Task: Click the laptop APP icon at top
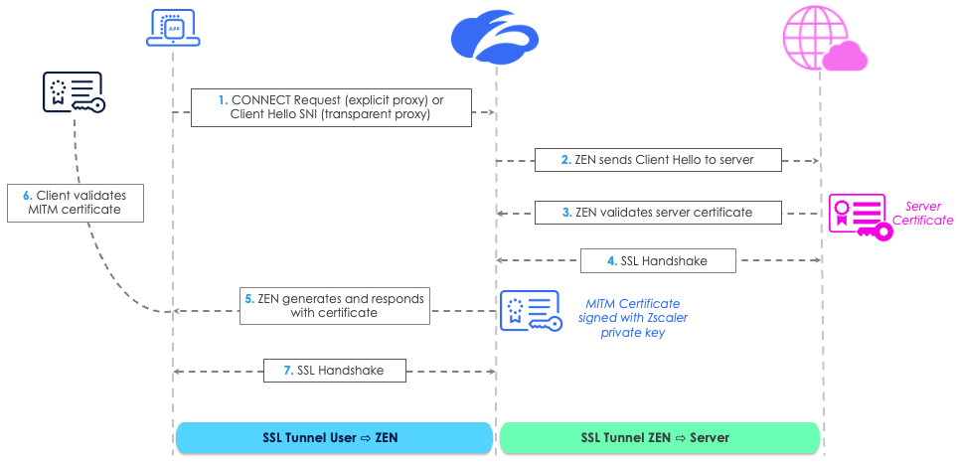coord(173,27)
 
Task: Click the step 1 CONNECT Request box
coord(330,107)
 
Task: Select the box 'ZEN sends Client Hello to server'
coord(658,160)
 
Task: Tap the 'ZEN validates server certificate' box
coord(658,213)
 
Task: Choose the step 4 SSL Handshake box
coord(658,261)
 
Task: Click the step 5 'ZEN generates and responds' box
coord(335,306)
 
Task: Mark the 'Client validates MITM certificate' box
coord(74,203)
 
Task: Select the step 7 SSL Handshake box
coord(337,371)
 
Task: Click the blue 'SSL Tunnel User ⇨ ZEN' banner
coord(334,438)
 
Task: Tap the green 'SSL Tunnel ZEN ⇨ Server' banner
coord(660,438)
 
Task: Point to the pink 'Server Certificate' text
coord(923,214)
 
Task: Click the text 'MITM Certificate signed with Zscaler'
coord(633,311)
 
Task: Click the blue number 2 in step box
coord(565,160)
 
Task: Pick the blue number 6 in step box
coord(27,196)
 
